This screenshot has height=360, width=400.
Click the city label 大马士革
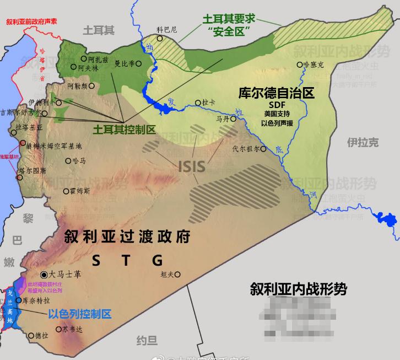point(65,274)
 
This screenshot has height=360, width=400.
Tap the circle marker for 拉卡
point(198,102)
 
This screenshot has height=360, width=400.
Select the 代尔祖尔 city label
point(245,148)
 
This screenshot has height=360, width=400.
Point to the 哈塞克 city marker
point(300,65)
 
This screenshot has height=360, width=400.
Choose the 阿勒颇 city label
point(77,86)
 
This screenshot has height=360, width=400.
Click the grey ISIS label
point(191,165)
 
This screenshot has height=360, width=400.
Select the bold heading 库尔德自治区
point(276,93)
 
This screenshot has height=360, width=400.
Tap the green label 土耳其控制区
point(123,128)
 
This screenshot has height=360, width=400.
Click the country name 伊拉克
point(363,142)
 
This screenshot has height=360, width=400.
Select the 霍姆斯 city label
point(80,191)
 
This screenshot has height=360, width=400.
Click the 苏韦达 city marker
point(59,329)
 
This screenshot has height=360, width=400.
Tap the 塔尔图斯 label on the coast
point(32,171)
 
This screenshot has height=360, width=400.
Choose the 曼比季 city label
point(124,63)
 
